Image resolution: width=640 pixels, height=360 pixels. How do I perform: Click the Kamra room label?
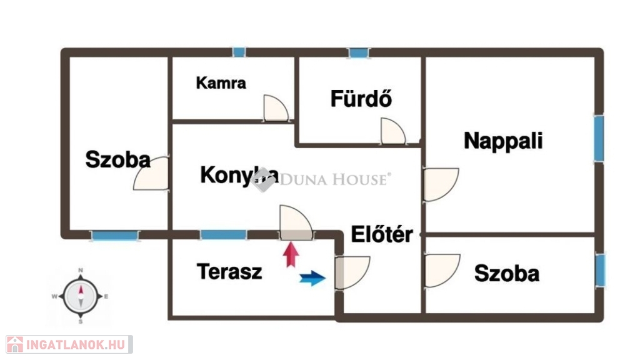click(221, 83)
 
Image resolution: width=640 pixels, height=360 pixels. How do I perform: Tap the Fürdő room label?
click(361, 98)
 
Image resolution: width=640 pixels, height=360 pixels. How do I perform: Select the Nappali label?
click(503, 141)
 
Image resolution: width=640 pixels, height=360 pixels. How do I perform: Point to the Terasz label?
click(229, 271)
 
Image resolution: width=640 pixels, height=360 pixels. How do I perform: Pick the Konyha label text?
click(239, 176)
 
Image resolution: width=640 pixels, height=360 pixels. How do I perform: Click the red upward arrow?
click(291, 255)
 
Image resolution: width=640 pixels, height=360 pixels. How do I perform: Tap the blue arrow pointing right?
click(312, 278)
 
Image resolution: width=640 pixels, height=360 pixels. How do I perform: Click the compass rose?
click(81, 296)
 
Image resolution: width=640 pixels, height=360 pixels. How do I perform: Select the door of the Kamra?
click(276, 108)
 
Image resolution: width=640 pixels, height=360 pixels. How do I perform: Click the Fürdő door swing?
click(393, 131)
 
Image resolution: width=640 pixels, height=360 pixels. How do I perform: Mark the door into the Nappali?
click(441, 184)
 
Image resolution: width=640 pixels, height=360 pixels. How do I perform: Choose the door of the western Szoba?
click(151, 174)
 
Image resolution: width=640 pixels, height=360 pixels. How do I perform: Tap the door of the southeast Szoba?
click(442, 271)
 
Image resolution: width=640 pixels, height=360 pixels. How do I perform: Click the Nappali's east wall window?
click(599, 139)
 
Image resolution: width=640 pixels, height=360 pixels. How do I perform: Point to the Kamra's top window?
click(239, 52)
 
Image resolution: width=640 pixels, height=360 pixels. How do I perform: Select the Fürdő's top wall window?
click(359, 52)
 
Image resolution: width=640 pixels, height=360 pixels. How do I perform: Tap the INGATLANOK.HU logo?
click(69, 344)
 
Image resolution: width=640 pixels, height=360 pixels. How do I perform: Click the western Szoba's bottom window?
click(115, 236)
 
